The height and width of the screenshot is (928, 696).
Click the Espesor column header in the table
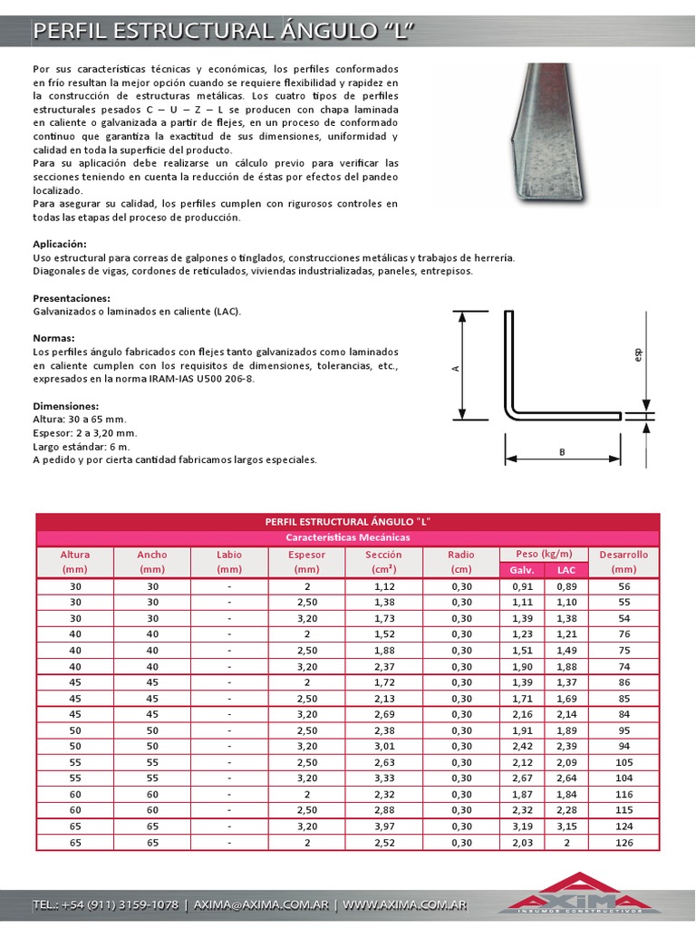click(x=307, y=561)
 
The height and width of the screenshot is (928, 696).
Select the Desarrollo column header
click(x=623, y=561)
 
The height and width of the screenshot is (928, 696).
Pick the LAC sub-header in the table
click(x=566, y=570)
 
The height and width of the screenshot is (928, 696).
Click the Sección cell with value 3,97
click(x=384, y=826)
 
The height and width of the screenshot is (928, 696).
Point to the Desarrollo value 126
click(x=623, y=843)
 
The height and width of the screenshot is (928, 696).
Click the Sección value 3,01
click(x=384, y=747)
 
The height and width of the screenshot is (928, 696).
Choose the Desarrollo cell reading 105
click(x=623, y=762)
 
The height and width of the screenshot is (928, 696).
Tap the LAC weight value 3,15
click(x=566, y=826)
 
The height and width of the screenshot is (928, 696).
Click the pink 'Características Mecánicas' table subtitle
click(x=348, y=537)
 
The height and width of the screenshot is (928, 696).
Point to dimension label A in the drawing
click(x=456, y=368)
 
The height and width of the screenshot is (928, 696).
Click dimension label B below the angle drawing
click(x=562, y=452)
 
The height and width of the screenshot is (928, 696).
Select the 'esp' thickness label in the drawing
click(x=638, y=356)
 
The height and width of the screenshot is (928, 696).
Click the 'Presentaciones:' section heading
click(x=72, y=298)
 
